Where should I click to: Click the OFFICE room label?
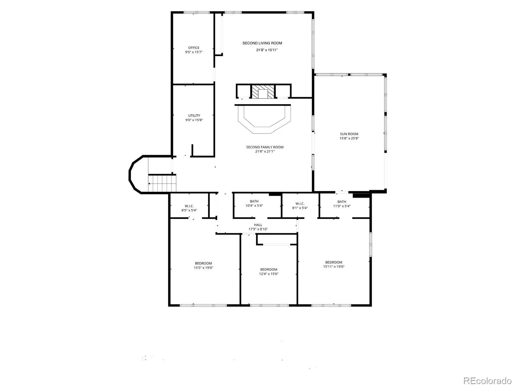[193, 48]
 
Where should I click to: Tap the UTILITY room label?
[194, 115]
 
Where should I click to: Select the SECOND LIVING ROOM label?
[262, 43]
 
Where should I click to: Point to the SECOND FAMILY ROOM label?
[265, 147]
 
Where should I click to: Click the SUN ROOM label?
[349, 134]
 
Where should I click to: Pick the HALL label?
[258, 225]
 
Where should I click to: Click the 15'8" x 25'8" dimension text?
[349, 138]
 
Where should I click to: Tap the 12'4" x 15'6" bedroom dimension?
[269, 274]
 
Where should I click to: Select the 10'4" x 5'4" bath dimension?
[254, 206]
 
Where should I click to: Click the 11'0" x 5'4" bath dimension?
[342, 206]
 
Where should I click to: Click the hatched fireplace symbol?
[263, 92]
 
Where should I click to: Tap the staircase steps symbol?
[162, 183]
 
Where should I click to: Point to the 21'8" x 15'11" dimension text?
[267, 50]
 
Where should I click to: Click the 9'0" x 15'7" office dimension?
[193, 52]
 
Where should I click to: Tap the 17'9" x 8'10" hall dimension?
[258, 229]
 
